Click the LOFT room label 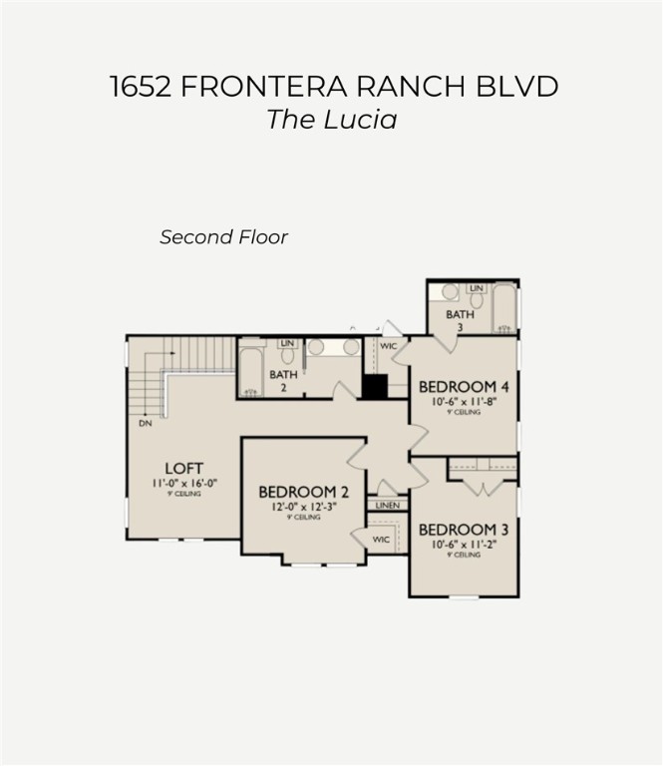184,467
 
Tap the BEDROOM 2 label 303,492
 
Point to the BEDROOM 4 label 464,387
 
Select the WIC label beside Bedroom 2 380,540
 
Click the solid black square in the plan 375,387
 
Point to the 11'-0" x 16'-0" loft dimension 184,484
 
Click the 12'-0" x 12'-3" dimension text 303,508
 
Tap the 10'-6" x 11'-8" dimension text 464,402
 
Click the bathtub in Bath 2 250,372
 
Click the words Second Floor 223,237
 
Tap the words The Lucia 331,120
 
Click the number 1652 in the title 142,86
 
